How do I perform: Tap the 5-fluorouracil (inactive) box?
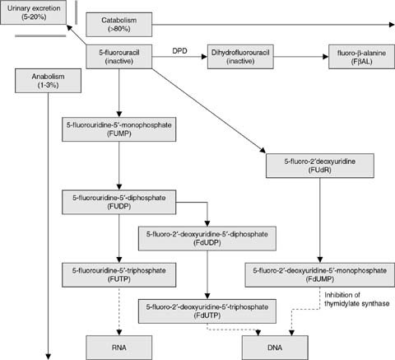(122, 58)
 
